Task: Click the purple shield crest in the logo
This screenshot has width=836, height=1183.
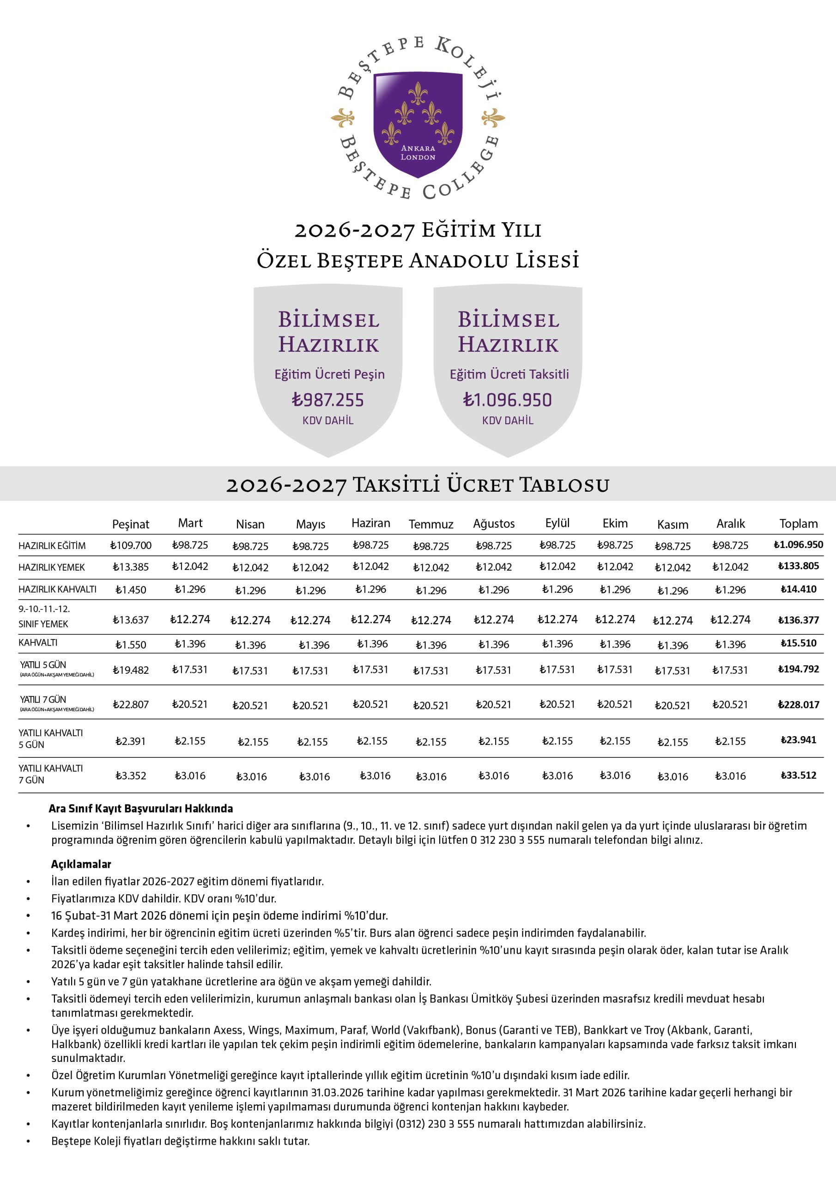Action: tap(418, 124)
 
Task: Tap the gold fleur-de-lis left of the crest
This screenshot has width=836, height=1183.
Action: tap(343, 118)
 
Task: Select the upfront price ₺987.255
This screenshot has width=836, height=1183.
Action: tap(328, 400)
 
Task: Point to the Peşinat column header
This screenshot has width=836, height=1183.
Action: tap(130, 524)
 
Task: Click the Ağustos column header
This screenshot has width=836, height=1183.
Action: tap(493, 524)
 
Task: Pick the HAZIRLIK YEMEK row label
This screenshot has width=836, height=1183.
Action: tap(52, 567)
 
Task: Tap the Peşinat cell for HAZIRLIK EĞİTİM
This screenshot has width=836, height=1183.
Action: tap(130, 545)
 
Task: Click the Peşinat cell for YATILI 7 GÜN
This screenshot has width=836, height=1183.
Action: tap(130, 704)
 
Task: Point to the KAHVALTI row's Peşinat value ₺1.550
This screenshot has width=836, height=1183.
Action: tap(130, 645)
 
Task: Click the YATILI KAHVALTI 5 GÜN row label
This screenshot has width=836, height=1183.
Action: tap(50, 738)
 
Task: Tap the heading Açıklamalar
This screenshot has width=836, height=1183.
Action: tap(81, 864)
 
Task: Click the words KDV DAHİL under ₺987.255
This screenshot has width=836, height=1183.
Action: tap(328, 421)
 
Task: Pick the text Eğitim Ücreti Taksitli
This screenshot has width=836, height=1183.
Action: tap(509, 374)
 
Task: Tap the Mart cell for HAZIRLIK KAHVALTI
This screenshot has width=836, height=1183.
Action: tap(190, 589)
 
